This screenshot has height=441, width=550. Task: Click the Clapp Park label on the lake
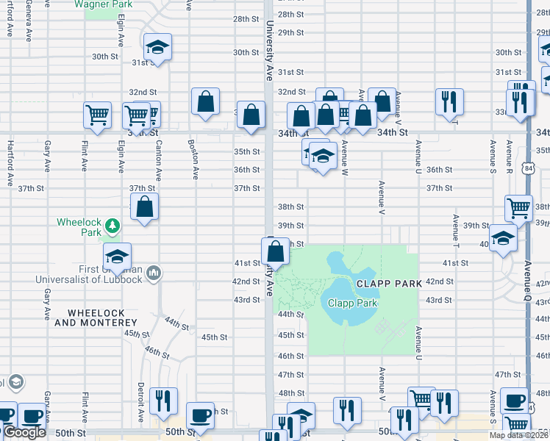[x=352, y=303]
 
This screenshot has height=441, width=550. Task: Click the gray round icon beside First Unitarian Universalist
[x=154, y=273]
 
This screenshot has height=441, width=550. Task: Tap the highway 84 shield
[x=530, y=170]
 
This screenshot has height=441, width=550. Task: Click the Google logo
[x=24, y=432]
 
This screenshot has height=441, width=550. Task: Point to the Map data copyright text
[x=519, y=435]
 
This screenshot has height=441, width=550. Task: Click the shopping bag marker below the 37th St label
[x=145, y=207]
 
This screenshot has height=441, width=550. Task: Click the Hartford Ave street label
[x=10, y=156]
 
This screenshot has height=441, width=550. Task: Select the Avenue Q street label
[x=528, y=283]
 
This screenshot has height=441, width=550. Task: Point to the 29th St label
[x=291, y=32]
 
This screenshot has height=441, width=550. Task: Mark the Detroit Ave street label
[x=140, y=402]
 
